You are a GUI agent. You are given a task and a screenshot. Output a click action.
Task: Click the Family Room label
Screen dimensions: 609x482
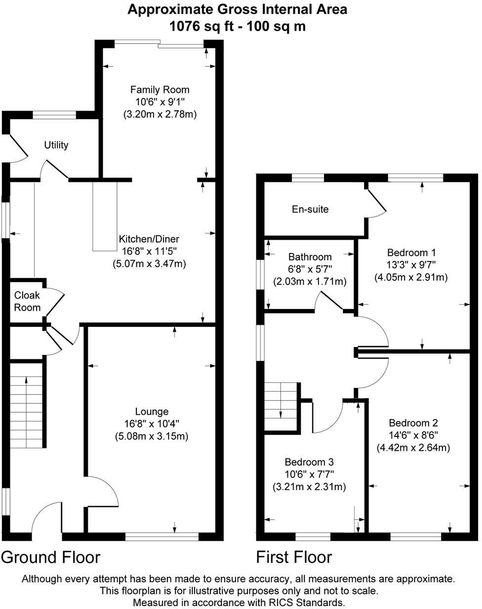[160, 89]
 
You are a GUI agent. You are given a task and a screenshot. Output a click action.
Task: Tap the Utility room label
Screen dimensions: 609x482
[56, 145]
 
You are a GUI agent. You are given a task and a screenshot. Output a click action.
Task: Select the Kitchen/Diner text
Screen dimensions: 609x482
[149, 238]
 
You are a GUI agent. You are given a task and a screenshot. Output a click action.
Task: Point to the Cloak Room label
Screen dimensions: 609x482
[27, 301]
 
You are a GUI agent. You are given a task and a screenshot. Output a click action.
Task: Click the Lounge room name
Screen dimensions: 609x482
[152, 411]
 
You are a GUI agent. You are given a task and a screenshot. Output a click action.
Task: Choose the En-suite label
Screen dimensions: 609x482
[310, 209]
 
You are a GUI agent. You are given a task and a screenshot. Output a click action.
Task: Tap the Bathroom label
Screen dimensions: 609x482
[310, 257]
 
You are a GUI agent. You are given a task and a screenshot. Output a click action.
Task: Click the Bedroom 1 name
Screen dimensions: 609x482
[411, 252]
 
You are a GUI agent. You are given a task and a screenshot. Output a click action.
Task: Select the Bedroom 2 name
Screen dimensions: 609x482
[413, 423]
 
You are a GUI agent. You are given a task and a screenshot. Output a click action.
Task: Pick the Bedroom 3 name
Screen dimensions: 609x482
[309, 462]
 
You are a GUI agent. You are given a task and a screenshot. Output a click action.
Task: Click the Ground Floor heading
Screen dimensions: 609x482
[51, 557]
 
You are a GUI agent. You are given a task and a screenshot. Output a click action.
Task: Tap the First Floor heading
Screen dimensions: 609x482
[294, 557]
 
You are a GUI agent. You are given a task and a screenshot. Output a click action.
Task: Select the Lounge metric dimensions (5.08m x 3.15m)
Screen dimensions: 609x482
[151, 436]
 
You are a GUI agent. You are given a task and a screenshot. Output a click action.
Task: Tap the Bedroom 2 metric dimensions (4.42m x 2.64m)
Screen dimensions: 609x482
[413, 448]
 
